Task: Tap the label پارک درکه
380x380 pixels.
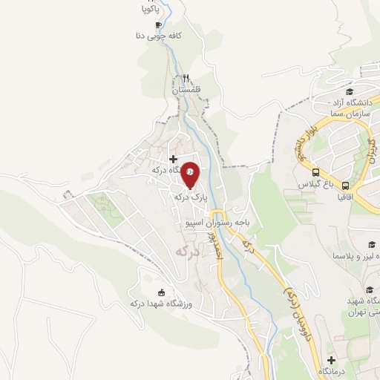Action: (x=187, y=197)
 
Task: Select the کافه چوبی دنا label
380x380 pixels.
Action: (x=165, y=35)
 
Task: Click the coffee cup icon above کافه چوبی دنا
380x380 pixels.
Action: (x=157, y=24)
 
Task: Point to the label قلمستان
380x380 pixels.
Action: (x=187, y=90)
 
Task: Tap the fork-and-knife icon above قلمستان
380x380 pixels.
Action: (x=187, y=78)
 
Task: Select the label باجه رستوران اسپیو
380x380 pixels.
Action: (x=218, y=221)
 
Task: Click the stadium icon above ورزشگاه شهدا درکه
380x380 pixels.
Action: (x=162, y=292)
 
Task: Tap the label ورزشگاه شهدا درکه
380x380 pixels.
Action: (x=161, y=304)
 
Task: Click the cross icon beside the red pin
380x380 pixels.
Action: (x=174, y=158)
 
